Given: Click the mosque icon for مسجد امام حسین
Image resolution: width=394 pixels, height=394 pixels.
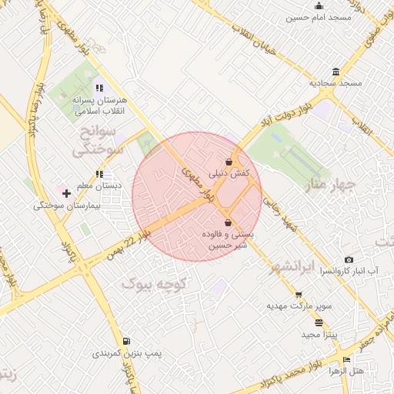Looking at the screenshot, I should [319, 5].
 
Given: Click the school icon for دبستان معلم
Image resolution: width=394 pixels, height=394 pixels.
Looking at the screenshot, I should [98, 174].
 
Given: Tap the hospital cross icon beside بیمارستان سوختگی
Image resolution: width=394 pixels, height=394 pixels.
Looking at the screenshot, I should [66, 193].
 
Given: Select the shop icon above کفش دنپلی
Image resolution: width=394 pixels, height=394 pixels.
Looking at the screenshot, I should [230, 162].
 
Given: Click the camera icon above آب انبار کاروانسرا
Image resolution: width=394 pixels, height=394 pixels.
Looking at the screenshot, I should [349, 260].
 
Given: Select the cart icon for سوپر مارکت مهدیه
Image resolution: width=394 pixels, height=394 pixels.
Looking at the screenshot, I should [299, 294].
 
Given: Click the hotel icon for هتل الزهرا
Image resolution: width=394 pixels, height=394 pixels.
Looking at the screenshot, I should [346, 359].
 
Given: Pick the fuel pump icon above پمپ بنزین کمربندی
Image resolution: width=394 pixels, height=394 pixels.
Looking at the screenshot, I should [126, 341].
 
